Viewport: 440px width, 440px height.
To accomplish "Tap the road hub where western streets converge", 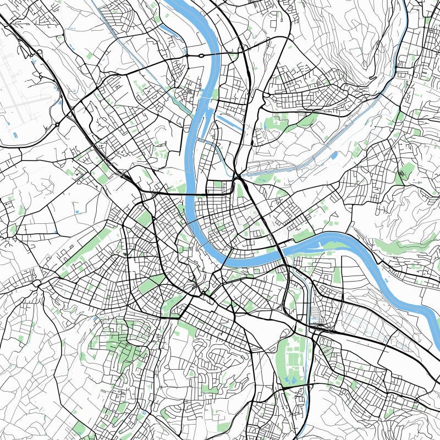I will [37, 284].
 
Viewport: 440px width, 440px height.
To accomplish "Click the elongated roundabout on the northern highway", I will [201, 56].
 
